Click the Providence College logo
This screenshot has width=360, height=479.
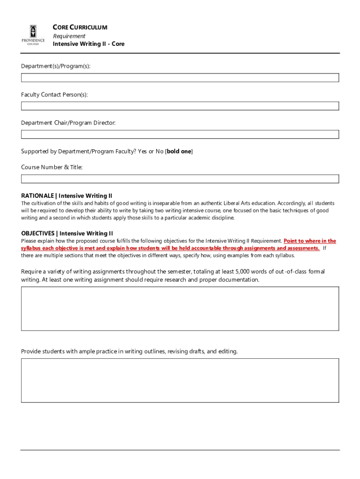coord(33,36)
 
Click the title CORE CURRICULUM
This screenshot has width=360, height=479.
coord(80,28)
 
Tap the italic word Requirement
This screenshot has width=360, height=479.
coord(69,36)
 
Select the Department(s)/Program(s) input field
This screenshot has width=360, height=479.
coord(180,78)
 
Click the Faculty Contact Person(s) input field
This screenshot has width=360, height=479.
coord(180,106)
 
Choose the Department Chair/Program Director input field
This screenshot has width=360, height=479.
coord(180,134)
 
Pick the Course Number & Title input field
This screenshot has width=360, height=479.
coord(180,179)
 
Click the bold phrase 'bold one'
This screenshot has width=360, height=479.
coord(179,151)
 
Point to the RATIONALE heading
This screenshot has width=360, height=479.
coord(66,196)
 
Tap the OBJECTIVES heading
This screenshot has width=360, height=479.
coord(67,233)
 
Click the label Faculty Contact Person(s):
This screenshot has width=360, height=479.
coord(54,95)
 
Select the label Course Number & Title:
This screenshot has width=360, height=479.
coord(51,167)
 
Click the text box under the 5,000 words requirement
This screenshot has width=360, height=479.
coord(180,309)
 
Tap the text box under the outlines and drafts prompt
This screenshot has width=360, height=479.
coord(180,380)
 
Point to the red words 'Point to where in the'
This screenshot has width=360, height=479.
coord(310,241)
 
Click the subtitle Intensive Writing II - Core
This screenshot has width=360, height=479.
coord(88,44)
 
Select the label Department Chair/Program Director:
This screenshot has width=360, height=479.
coord(68,123)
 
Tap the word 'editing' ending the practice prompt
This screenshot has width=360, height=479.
coord(227,351)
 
